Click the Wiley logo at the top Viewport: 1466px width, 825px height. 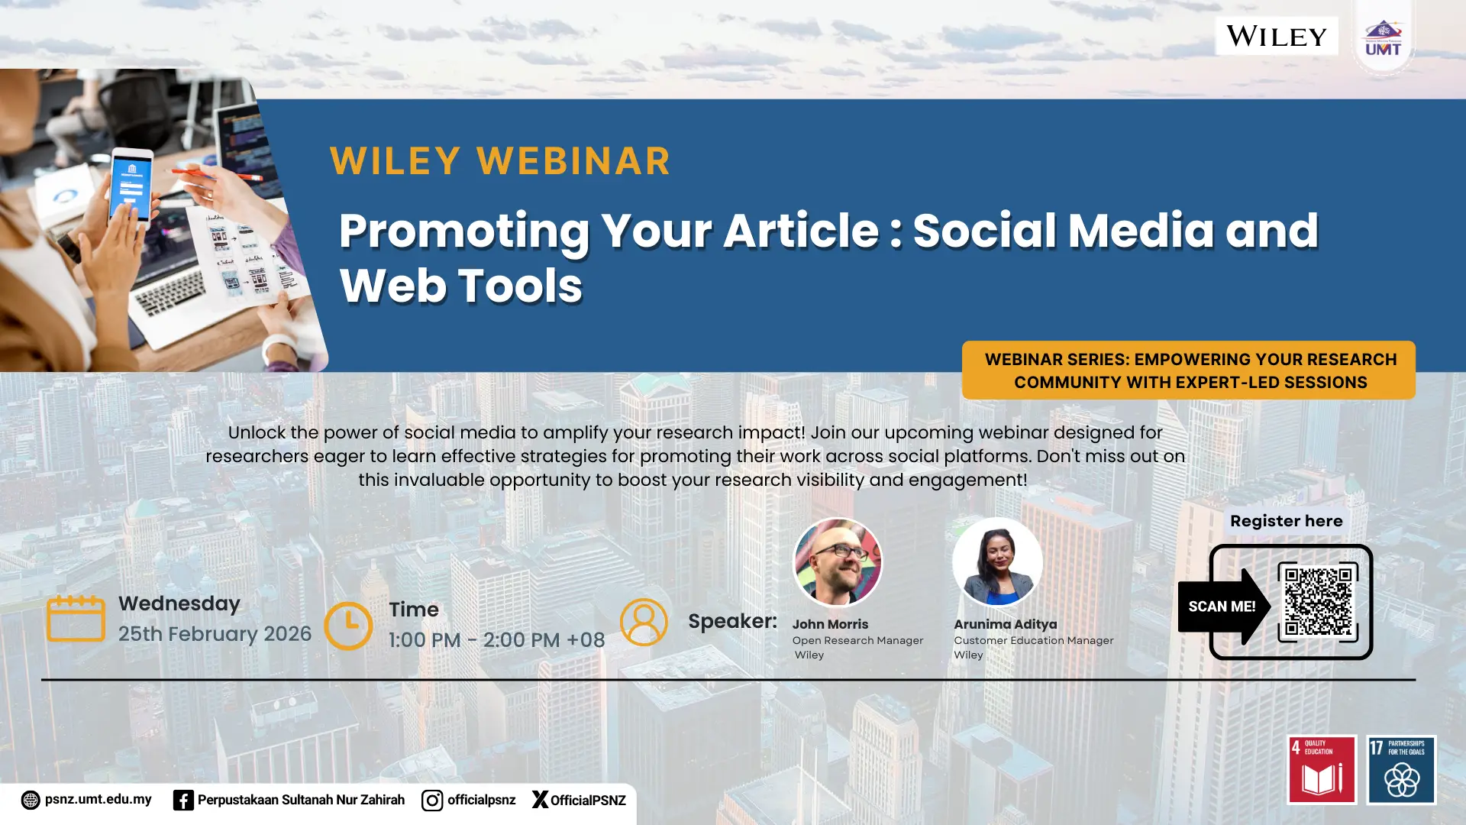tap(1277, 36)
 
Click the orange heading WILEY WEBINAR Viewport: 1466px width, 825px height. tap(500, 161)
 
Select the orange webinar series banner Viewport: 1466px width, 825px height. tap(1189, 370)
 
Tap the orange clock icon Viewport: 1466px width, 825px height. tap(348, 626)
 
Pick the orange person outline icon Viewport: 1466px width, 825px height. tap(644, 622)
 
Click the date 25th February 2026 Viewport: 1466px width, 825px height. tap(215, 634)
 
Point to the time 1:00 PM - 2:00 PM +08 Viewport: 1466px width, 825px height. tap(496, 640)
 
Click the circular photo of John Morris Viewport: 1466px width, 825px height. tap(838, 563)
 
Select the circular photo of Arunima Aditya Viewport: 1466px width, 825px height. tap(997, 563)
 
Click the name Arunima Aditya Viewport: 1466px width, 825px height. tap(1006, 624)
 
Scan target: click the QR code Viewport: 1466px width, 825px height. tap(1318, 601)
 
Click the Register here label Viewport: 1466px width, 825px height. tap(1287, 521)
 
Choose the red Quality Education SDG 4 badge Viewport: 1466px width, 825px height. tap(1322, 770)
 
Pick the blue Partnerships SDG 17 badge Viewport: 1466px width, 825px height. tap(1402, 770)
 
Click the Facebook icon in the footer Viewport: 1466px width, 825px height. tap(183, 800)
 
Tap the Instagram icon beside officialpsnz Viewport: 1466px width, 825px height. tap(432, 800)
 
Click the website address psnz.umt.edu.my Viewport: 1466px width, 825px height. tap(98, 800)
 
